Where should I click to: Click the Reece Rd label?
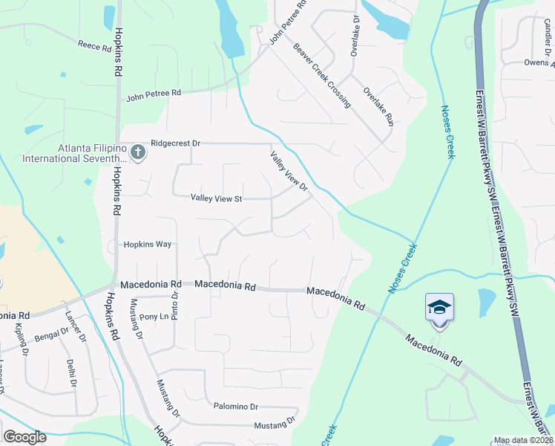pyautogui.click(x=94, y=46)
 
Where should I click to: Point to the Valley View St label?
pyautogui.click(x=217, y=198)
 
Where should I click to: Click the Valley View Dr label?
pyautogui.click(x=289, y=171)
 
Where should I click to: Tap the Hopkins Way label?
pyautogui.click(x=147, y=244)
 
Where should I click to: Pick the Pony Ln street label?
pyautogui.click(x=155, y=317)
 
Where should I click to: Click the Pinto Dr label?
pyautogui.click(x=175, y=304)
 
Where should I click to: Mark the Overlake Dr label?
pyautogui.click(x=355, y=35)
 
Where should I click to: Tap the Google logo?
pyautogui.click(x=24, y=437)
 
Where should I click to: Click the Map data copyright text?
pyautogui.click(x=523, y=440)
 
